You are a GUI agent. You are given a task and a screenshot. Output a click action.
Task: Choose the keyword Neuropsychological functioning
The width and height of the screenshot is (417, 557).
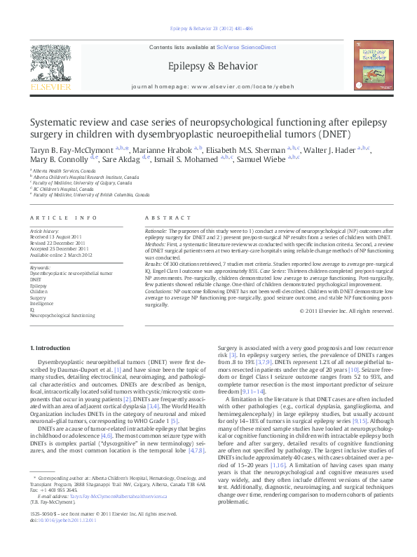click(x=62, y=316)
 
